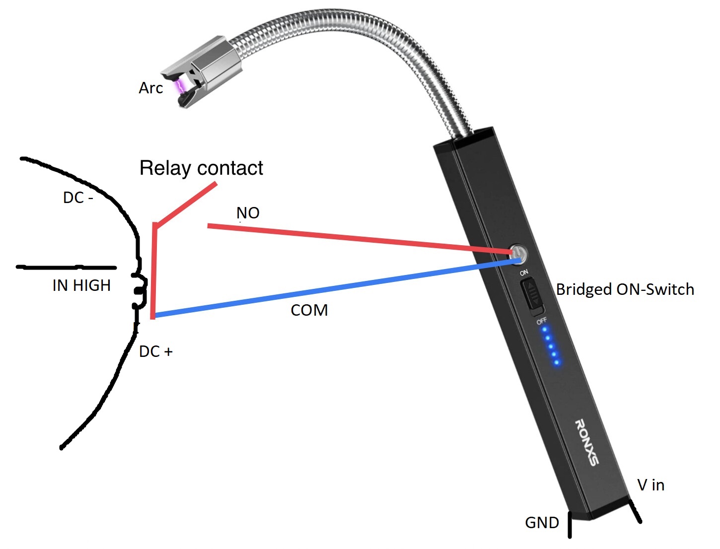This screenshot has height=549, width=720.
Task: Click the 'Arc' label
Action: coord(150,88)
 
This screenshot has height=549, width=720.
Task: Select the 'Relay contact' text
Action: coord(201,168)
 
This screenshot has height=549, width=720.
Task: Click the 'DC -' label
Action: coord(78,198)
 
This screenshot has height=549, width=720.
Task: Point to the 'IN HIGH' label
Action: coord(81,285)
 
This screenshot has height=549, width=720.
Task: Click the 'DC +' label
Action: coord(155,351)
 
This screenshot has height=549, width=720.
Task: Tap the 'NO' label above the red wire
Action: coord(248,213)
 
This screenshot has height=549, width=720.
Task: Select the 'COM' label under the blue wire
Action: coord(309,310)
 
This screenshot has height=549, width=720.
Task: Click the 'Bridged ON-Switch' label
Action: coord(625,289)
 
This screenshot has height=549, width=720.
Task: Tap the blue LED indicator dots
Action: coord(550,345)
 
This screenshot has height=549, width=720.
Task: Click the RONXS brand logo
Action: coord(586,442)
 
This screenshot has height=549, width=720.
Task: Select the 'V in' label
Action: coord(650,485)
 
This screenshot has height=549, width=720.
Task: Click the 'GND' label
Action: coord(542,523)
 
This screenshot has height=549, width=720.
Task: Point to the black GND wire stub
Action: coord(570,525)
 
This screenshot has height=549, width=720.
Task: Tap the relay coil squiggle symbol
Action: coord(140,290)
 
